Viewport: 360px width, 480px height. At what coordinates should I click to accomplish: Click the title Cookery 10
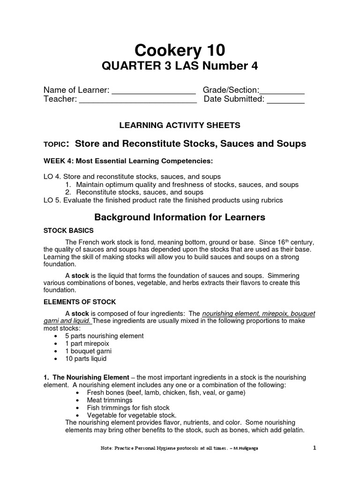(x=180, y=50)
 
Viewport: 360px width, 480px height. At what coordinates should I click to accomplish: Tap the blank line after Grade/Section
(x=282, y=93)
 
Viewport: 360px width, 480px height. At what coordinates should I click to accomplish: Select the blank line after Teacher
(x=137, y=102)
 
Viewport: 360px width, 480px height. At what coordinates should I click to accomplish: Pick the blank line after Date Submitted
(x=285, y=102)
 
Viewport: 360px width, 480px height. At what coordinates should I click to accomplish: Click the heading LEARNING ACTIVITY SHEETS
(x=180, y=125)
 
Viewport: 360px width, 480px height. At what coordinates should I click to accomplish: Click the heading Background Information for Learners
(x=180, y=217)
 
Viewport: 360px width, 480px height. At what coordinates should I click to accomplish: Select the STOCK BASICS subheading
(x=68, y=231)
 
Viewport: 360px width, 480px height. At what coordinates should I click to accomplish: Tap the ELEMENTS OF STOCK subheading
(x=80, y=301)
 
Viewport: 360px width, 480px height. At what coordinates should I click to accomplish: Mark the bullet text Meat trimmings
(x=110, y=400)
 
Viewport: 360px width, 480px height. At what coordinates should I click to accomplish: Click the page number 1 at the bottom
(x=315, y=448)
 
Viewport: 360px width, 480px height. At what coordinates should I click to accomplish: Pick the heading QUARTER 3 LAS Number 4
(x=180, y=67)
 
